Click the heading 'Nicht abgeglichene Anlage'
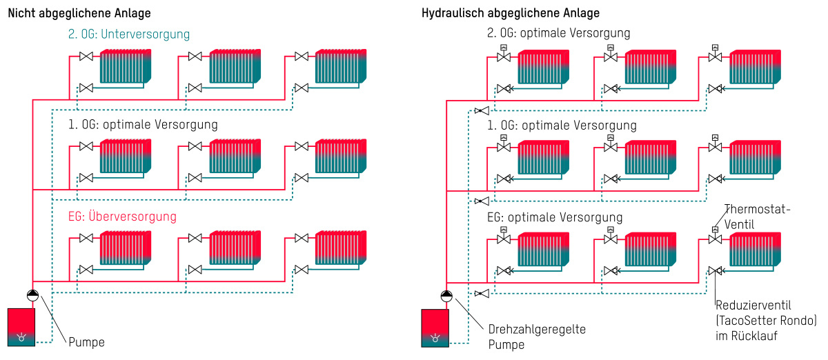pos(79,13)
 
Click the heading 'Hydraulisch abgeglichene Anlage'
pos(511,13)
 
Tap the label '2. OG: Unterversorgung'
pos(128,34)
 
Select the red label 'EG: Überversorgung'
pos(122,217)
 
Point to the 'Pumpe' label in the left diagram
pos(86,342)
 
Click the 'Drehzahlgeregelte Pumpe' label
pos(537,337)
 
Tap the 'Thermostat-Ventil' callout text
pos(757,217)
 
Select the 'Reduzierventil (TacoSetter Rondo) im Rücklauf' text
pos(766,321)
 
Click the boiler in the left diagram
pos(21,327)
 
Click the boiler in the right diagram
pos(435,328)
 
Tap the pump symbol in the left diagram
pos(33,295)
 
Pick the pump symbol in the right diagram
pos(446,296)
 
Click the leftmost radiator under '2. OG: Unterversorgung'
pos(126,66)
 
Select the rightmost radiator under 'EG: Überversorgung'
pos(341,248)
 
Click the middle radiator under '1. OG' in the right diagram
pos(651,157)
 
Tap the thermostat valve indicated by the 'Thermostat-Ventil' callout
pos(716,236)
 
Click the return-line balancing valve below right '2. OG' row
pos(482,110)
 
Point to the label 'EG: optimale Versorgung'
pos(555,217)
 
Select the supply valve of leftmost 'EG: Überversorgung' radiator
pos(86,238)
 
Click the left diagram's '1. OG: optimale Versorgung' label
pos(143,125)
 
